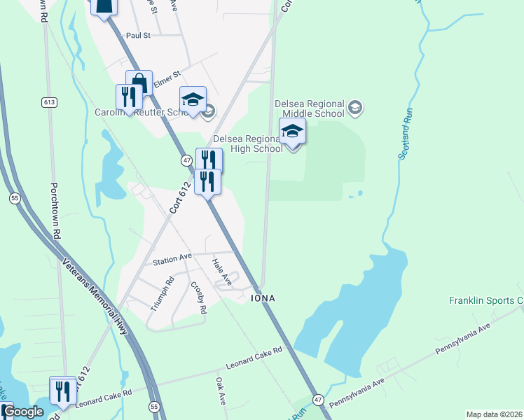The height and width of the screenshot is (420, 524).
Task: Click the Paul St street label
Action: coord(138,35)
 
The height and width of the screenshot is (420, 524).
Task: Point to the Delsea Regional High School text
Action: coord(248,143)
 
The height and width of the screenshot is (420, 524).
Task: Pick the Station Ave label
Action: coord(172,260)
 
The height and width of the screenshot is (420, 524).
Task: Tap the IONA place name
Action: coord(263,298)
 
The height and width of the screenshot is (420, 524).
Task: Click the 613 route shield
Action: coord(48,102)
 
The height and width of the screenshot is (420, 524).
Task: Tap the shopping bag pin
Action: coord(139,83)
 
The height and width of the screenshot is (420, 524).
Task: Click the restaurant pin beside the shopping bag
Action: coord(129,97)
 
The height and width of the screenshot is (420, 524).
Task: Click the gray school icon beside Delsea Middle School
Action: coord(355,107)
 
